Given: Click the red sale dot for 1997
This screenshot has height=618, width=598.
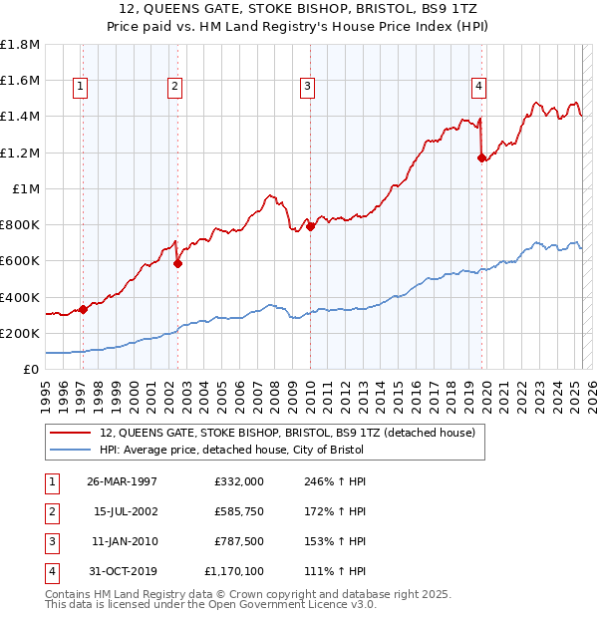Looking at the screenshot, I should (84, 309).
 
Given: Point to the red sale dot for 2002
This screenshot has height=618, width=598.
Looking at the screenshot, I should (177, 264).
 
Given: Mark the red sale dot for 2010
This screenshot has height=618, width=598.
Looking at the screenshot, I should (310, 226).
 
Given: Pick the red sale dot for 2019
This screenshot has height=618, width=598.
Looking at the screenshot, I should (481, 157).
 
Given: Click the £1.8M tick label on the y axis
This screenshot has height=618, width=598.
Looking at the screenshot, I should (20, 45).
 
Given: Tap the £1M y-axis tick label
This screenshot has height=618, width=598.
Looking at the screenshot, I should (26, 188).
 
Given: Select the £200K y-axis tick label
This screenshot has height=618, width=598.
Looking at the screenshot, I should (20, 333).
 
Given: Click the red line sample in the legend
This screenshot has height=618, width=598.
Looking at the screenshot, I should (70, 434).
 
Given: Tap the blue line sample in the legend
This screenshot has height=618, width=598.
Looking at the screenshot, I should (70, 450).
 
